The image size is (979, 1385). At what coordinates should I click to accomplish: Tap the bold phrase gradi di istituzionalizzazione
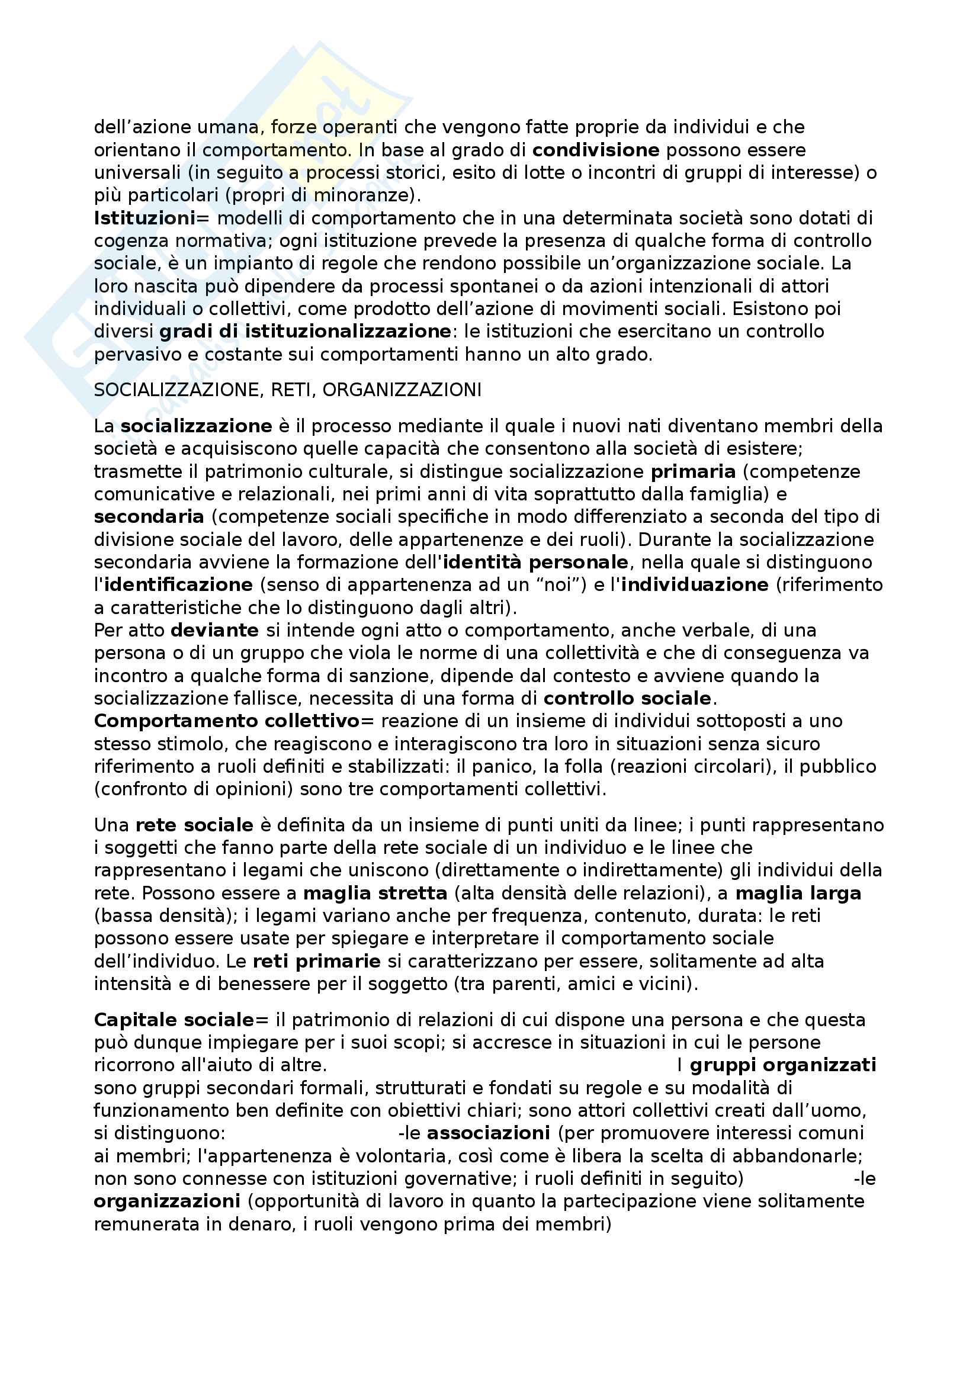tap(304, 332)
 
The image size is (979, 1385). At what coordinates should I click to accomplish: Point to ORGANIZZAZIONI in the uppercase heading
tap(402, 390)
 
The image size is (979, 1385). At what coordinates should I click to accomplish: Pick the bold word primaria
tap(692, 472)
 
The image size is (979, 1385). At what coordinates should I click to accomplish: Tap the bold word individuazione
tap(694, 585)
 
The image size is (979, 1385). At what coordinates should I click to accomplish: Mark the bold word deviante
tap(215, 631)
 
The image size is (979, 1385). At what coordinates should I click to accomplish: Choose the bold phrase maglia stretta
tap(375, 894)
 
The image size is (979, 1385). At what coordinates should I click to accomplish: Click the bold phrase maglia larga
tap(798, 894)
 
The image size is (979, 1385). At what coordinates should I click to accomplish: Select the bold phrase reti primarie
tap(317, 962)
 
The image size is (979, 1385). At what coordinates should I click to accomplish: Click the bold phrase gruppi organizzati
tap(782, 1065)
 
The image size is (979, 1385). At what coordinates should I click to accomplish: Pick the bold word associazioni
tap(488, 1133)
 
